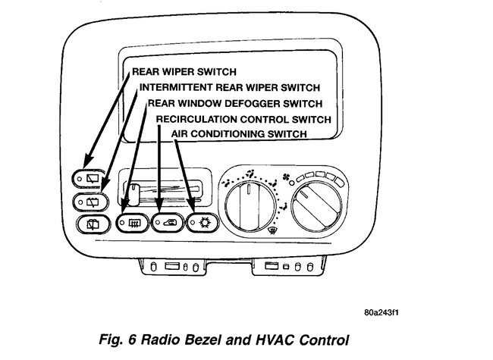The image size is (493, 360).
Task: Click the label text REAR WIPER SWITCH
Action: [x=184, y=74]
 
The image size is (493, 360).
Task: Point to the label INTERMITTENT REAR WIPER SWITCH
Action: [x=228, y=88]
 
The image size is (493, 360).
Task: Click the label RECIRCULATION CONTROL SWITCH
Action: [x=243, y=119]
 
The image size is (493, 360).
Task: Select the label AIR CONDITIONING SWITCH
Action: [x=238, y=133]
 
